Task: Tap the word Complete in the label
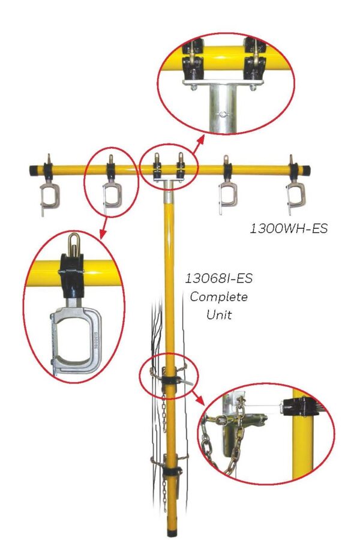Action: point(218,297)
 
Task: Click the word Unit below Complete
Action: point(218,314)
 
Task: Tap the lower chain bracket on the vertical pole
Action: point(171,468)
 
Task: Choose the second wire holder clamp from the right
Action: point(227,195)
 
